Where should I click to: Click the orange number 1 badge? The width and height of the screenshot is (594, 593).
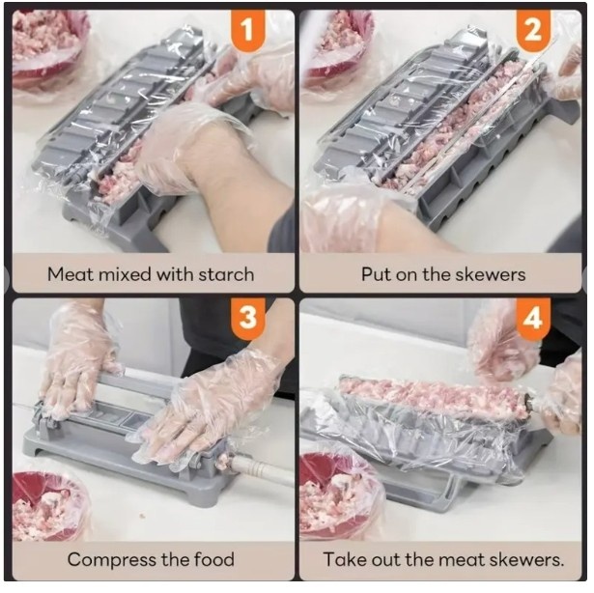(x=248, y=29)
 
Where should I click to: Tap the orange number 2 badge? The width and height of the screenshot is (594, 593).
(x=534, y=29)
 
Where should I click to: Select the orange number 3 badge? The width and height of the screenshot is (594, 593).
(x=248, y=318)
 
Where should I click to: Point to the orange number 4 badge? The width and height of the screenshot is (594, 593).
(x=534, y=318)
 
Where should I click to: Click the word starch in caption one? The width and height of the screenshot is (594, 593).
(x=226, y=274)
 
